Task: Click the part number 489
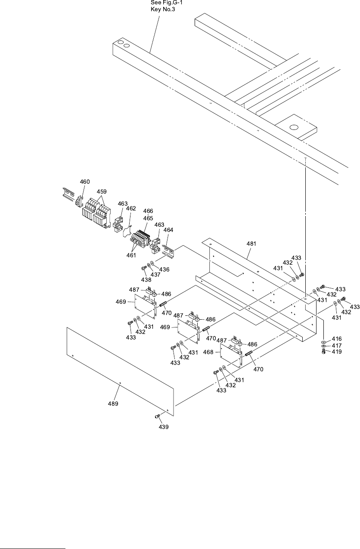(113, 404)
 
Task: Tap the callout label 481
(251, 244)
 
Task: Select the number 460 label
(85, 182)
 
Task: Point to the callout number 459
(102, 191)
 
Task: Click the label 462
(131, 208)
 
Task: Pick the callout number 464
(168, 230)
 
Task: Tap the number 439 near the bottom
(164, 427)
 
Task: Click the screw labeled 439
(157, 416)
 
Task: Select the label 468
(208, 352)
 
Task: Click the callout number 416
(336, 339)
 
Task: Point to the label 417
(336, 345)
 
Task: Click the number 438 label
(146, 280)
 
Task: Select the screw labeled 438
(144, 268)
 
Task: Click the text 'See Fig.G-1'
(163, 3)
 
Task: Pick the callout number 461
(131, 255)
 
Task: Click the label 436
(164, 269)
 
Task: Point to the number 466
(148, 211)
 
